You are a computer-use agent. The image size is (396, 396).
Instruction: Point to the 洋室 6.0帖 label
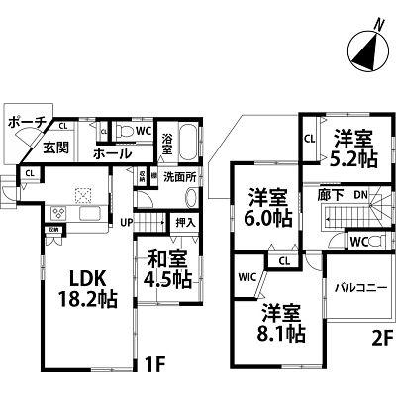(266, 206)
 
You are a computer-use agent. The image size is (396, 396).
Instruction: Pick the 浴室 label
(168, 145)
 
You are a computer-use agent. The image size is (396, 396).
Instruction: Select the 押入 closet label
(184, 225)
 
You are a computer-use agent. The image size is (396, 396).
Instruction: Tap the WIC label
(247, 278)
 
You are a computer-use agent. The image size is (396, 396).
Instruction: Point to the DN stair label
(362, 195)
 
